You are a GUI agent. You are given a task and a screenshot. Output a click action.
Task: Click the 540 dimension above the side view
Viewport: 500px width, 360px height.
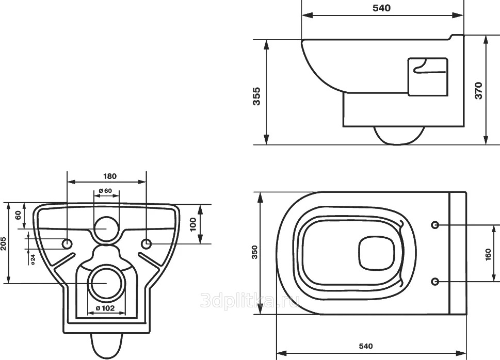(x=381, y=8)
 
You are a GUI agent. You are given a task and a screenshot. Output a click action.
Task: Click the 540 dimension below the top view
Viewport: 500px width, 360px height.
(x=365, y=346)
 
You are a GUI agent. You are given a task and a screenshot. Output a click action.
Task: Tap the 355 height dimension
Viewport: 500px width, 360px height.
(x=256, y=96)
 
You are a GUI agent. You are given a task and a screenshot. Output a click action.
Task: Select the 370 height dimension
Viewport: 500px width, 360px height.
(x=479, y=91)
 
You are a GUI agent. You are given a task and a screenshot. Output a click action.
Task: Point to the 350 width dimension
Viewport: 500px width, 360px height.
(x=254, y=252)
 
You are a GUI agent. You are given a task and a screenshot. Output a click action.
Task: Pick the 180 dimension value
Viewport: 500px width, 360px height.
(x=110, y=176)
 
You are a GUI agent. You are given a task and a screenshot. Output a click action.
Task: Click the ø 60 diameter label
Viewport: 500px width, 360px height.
(x=105, y=191)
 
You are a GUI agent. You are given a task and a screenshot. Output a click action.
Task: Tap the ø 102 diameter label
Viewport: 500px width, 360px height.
(x=105, y=308)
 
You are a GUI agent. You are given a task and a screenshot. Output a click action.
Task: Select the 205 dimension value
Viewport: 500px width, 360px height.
(x=3, y=243)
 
